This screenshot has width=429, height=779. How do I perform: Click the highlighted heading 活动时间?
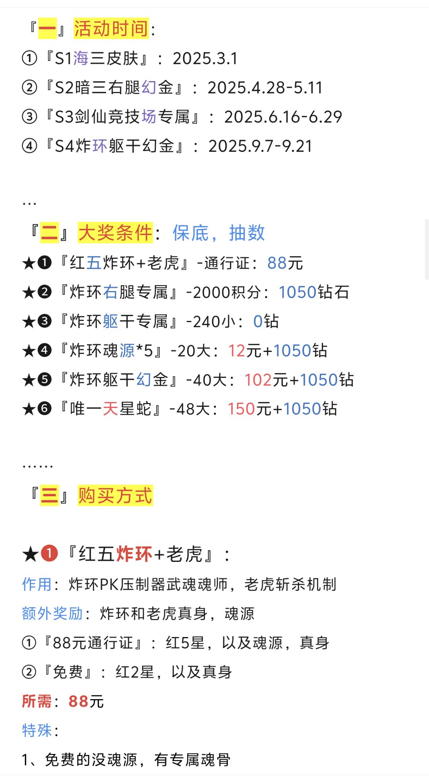(111, 29)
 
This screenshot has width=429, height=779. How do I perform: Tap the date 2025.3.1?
(205, 58)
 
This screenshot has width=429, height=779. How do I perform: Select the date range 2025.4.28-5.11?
(265, 87)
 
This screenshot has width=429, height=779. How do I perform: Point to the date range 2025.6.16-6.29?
(283, 117)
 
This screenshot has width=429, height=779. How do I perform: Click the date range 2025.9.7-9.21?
(260, 146)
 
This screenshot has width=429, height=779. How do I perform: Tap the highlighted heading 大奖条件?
(115, 233)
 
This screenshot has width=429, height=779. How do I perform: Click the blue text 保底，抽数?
(218, 233)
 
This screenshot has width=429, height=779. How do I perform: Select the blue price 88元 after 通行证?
(285, 263)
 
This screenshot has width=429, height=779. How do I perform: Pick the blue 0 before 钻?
(258, 321)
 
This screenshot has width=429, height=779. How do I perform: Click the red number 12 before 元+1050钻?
(237, 351)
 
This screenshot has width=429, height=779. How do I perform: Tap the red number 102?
(258, 380)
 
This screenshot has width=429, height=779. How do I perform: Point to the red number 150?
(241, 409)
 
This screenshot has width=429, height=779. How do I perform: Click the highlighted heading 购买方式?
(115, 495)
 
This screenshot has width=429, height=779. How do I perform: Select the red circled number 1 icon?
(49, 553)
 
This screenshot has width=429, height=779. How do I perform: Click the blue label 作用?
(37, 584)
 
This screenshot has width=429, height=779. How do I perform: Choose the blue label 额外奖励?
(52, 614)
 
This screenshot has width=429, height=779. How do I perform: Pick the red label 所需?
(37, 701)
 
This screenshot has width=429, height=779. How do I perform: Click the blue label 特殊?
(37, 730)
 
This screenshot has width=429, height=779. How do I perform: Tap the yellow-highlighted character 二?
(50, 233)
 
